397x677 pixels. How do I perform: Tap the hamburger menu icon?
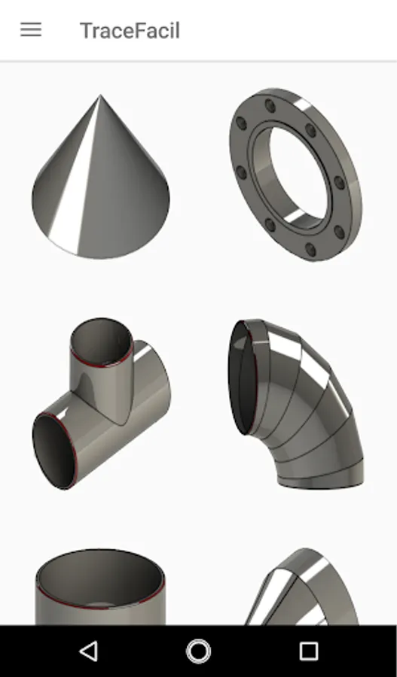(x=31, y=30)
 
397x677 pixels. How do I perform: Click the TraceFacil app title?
(x=130, y=31)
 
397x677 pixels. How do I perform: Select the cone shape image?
(x=101, y=177)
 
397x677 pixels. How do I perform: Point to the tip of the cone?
(x=100, y=96)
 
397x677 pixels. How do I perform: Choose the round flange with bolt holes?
(x=296, y=175)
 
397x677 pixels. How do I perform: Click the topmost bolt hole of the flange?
(x=270, y=105)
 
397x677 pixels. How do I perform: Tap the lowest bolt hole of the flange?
(x=310, y=249)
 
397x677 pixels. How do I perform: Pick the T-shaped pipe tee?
(x=101, y=404)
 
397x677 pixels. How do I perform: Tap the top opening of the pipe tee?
(x=102, y=341)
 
